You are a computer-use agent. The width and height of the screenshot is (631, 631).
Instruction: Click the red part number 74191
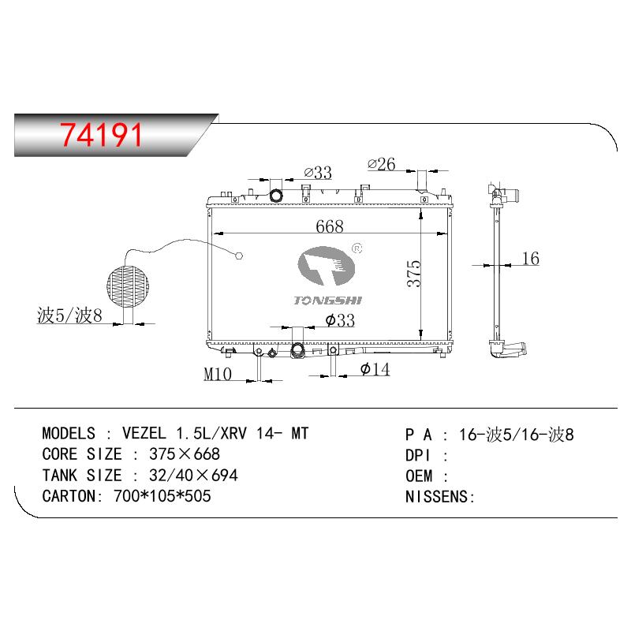[x=101, y=135]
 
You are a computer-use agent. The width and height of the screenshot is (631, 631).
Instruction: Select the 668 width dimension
[x=330, y=226]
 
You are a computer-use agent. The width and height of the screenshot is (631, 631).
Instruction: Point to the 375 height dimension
[x=414, y=274]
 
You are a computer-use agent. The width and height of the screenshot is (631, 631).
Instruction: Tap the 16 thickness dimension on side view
[x=530, y=259]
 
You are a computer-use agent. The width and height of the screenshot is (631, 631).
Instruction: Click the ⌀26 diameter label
[x=382, y=164]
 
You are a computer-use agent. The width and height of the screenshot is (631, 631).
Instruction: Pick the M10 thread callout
[x=218, y=374]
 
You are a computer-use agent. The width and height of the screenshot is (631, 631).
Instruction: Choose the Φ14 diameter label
[x=375, y=369]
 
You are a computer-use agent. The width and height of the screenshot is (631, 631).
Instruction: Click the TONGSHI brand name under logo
[x=328, y=301]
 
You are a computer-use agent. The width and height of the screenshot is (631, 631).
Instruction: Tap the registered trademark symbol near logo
[x=357, y=248]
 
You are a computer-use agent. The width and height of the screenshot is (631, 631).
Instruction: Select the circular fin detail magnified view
[x=128, y=286]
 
